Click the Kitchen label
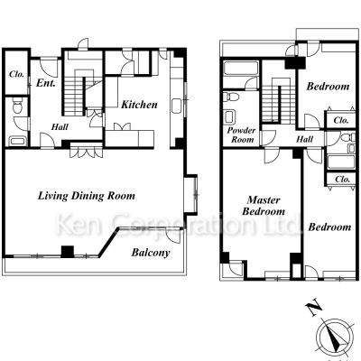click(x=139, y=105)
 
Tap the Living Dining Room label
click(x=87, y=196)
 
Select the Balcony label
click(x=151, y=253)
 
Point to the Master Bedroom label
click(x=264, y=206)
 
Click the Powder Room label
click(x=240, y=134)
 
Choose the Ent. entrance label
click(x=46, y=83)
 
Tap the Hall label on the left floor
click(x=60, y=127)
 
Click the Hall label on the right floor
click(x=305, y=139)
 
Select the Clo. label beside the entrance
click(x=16, y=74)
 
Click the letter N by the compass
click(x=314, y=309)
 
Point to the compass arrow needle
click(x=336, y=339)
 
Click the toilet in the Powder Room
click(x=232, y=97)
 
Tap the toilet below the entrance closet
click(x=17, y=106)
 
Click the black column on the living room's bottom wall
click(x=68, y=252)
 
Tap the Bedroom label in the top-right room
click(x=328, y=87)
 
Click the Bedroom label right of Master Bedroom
click(x=329, y=227)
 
